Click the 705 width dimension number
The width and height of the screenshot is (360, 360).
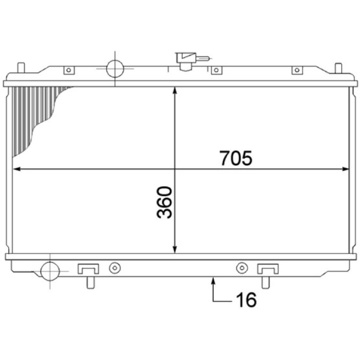click(x=236, y=158)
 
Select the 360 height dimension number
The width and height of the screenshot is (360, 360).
click(x=164, y=202)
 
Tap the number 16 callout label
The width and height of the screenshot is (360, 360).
click(x=246, y=300)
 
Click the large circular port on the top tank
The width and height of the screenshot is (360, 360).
click(x=115, y=68)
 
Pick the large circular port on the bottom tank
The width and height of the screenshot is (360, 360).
click(x=50, y=271)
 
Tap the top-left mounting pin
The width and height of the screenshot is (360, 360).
click(x=21, y=68)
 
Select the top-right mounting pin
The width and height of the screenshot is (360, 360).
click(x=338, y=68)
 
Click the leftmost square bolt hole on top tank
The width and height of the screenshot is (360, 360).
click(x=69, y=70)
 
